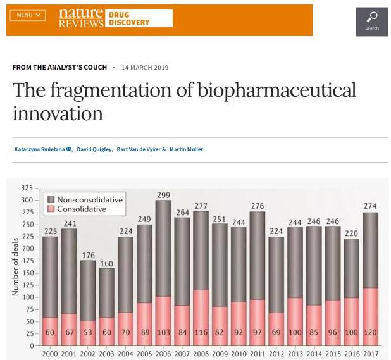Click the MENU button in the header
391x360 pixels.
coord(27,15)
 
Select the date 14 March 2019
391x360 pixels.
coord(144,68)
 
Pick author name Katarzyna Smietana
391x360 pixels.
coord(39,149)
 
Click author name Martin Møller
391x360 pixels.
coord(186,149)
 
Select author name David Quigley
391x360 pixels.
coord(94,149)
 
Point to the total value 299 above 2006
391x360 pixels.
coord(163,196)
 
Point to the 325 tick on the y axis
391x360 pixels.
coord(26,189)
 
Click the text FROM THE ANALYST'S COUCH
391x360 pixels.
coord(59,68)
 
